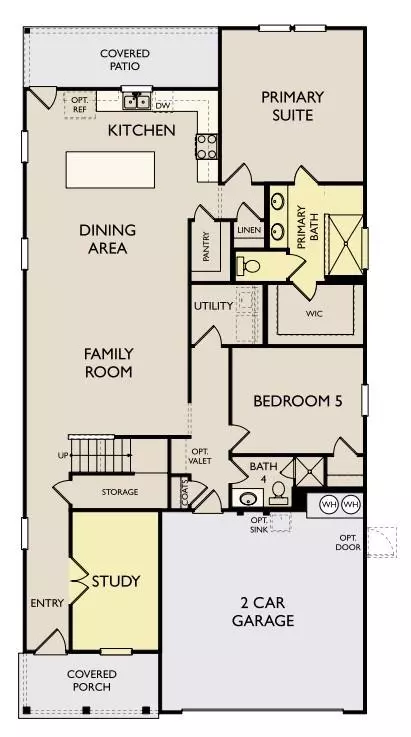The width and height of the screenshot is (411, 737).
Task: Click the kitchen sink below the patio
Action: (136, 100)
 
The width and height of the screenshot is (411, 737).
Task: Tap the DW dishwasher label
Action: (163, 106)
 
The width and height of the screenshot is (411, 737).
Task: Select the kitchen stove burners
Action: (206, 147)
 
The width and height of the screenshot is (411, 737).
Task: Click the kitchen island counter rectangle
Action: (110, 170)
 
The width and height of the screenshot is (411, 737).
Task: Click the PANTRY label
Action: (206, 247)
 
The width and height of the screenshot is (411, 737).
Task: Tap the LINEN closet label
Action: (249, 230)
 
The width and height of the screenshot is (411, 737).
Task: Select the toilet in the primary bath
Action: (249, 266)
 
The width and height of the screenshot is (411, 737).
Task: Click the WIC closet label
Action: (314, 314)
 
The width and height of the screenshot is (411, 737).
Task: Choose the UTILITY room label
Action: (213, 306)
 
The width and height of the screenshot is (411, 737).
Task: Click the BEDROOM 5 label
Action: (298, 401)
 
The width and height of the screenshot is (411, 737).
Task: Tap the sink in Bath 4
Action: (248, 498)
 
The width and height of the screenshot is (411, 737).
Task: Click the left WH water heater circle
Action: (329, 505)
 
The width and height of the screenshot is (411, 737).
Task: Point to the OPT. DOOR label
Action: (348, 542)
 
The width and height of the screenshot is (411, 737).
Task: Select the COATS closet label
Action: (185, 493)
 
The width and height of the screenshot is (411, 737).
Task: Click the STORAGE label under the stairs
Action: (120, 492)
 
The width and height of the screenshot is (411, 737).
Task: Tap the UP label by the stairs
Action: (62, 455)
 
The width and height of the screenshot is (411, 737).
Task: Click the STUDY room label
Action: (116, 581)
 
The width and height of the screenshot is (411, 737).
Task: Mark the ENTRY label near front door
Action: (47, 603)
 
